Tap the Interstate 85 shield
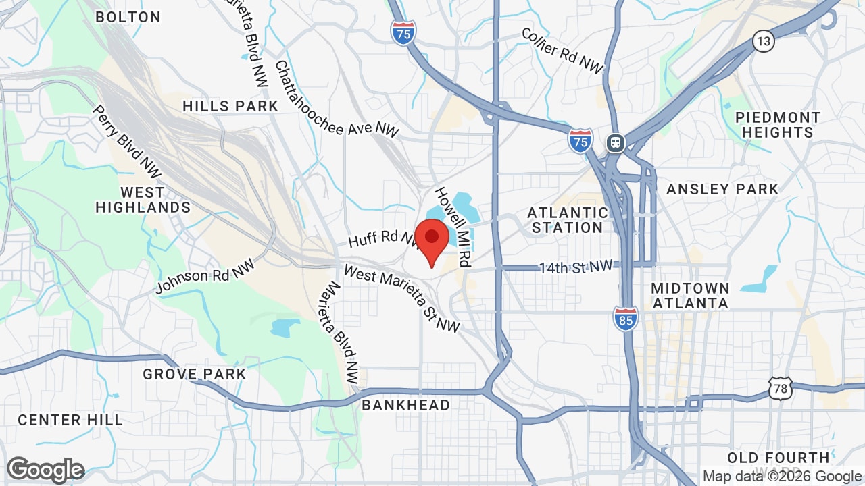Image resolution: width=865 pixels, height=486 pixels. [x=626, y=318]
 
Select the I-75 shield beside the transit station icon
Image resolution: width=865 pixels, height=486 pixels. [x=580, y=140]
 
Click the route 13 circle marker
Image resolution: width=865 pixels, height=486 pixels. [x=764, y=42]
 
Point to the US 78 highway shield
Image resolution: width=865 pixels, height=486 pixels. [x=780, y=387]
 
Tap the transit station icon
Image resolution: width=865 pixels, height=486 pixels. [x=616, y=143]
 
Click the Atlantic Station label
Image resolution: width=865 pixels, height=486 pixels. [x=567, y=220]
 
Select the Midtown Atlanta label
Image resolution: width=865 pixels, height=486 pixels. [x=690, y=296]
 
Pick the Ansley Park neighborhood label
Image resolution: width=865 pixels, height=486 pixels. [x=722, y=189]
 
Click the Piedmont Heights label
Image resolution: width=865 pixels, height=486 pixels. [x=777, y=125]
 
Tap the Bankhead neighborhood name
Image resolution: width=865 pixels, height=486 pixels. [x=405, y=405]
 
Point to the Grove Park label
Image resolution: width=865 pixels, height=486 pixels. [x=195, y=374]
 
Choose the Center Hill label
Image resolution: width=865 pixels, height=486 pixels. [x=70, y=420]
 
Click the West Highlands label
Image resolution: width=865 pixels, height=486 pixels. [x=143, y=200]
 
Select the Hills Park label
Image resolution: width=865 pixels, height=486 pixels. [x=230, y=106]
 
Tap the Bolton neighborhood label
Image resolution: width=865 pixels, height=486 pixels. [x=128, y=17]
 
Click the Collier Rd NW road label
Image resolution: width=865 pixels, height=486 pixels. [x=562, y=51]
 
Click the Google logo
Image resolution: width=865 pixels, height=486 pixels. [x=45, y=470]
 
